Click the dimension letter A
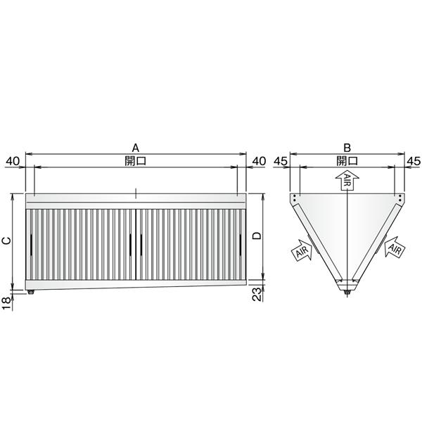[x=136, y=148]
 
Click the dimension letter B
[x=347, y=148]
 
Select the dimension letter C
[x=7, y=241]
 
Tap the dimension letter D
[x=257, y=236]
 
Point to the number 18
[x=7, y=304]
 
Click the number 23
[x=257, y=294]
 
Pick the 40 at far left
[x=13, y=161]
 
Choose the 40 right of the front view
[x=259, y=161]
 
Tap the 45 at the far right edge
[x=414, y=161]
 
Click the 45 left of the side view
[x=281, y=161]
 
